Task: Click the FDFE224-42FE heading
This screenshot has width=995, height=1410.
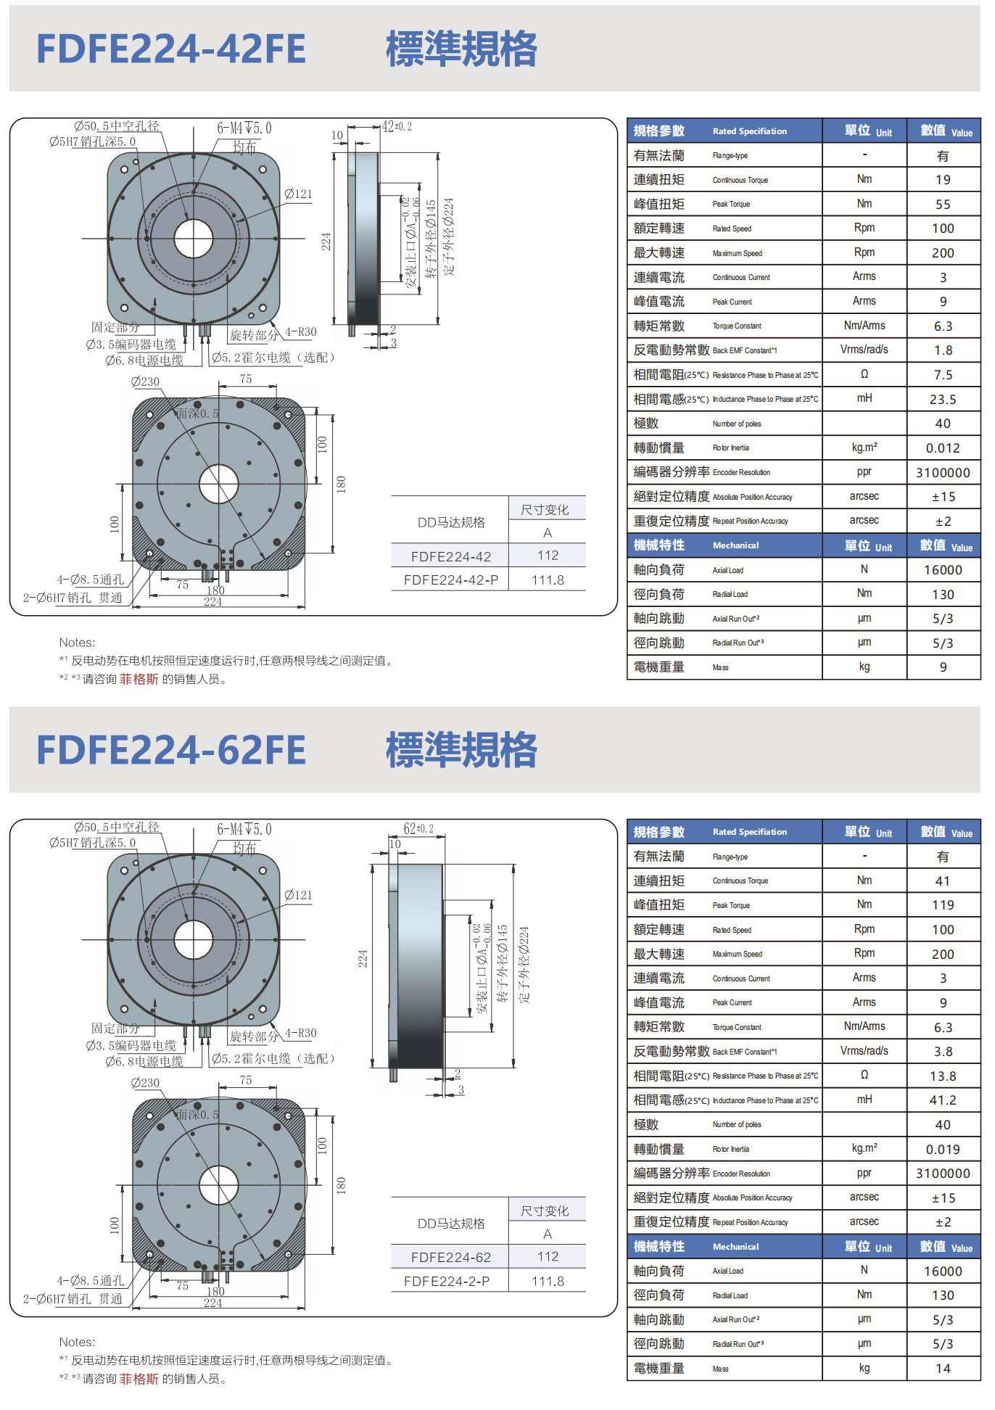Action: (171, 49)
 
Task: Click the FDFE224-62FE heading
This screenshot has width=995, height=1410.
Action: (171, 750)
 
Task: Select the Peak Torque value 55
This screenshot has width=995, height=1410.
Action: (943, 205)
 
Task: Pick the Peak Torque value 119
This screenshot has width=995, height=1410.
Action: (943, 905)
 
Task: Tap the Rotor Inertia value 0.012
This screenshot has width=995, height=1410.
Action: (943, 448)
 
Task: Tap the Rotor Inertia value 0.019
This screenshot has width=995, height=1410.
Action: (943, 1150)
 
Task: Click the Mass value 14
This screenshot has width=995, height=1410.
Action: (943, 1369)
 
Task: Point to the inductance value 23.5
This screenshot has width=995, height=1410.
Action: (943, 400)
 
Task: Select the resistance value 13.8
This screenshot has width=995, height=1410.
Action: (943, 1076)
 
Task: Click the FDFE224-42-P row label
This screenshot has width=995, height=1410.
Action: (450, 580)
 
